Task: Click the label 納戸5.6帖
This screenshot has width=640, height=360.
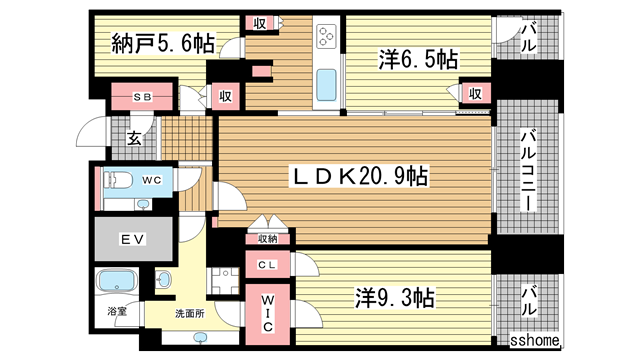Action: pyautogui.click(x=162, y=43)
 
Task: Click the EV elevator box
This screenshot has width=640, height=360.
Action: pyautogui.click(x=132, y=240)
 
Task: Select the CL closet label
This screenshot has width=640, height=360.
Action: pyautogui.click(x=267, y=266)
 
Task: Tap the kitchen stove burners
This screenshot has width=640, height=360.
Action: pyautogui.click(x=327, y=38)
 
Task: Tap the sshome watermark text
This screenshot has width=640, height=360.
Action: pyautogui.click(x=537, y=342)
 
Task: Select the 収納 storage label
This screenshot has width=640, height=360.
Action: pyautogui.click(x=266, y=239)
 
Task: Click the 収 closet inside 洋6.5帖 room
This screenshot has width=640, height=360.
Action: pyautogui.click(x=474, y=94)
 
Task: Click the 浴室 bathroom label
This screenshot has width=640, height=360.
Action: pyautogui.click(x=118, y=312)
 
